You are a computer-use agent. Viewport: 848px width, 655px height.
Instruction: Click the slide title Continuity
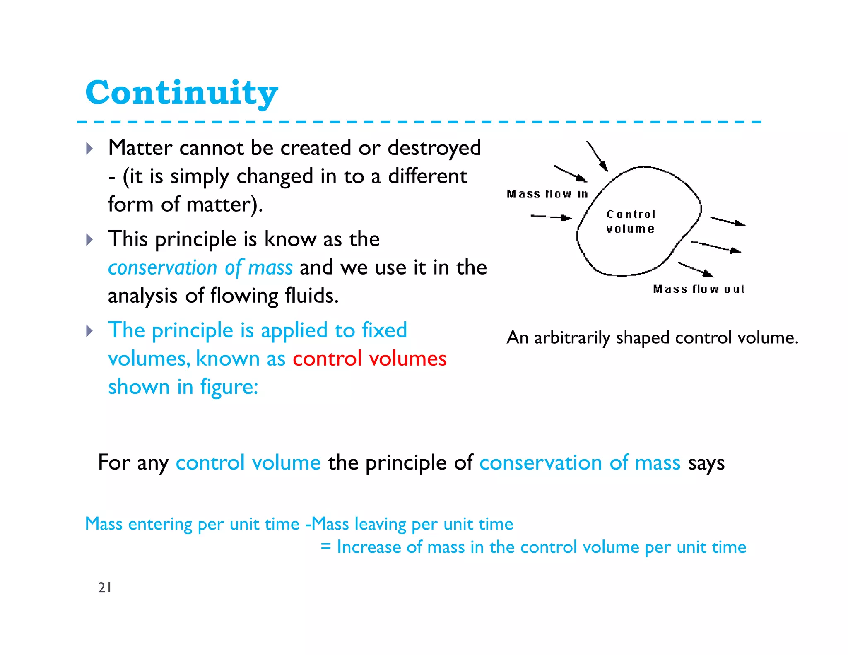click(181, 93)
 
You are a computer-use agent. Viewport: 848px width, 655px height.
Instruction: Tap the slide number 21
click(104, 588)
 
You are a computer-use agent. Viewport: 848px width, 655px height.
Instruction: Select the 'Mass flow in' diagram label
click(547, 194)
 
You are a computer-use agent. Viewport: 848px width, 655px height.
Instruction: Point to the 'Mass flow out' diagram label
click(699, 289)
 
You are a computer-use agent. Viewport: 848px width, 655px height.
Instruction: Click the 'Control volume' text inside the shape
click(631, 222)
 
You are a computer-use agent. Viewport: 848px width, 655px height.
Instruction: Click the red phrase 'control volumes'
click(369, 359)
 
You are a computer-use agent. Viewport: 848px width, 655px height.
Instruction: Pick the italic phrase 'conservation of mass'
click(200, 268)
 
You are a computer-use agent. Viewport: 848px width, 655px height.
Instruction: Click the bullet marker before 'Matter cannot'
click(89, 148)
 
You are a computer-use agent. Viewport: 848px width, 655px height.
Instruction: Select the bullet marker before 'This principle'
click(89, 239)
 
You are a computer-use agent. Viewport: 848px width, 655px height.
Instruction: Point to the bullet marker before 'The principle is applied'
click(89, 331)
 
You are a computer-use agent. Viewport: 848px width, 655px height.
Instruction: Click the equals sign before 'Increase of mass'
click(326, 547)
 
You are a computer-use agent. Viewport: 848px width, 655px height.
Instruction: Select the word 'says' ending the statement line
click(706, 463)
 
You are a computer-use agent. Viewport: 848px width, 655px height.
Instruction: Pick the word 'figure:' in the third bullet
click(229, 387)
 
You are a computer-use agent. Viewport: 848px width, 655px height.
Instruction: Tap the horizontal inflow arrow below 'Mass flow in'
click(551, 217)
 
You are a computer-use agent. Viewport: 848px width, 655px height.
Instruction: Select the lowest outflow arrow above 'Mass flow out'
click(696, 269)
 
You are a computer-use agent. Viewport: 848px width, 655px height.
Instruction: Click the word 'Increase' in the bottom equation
click(368, 547)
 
